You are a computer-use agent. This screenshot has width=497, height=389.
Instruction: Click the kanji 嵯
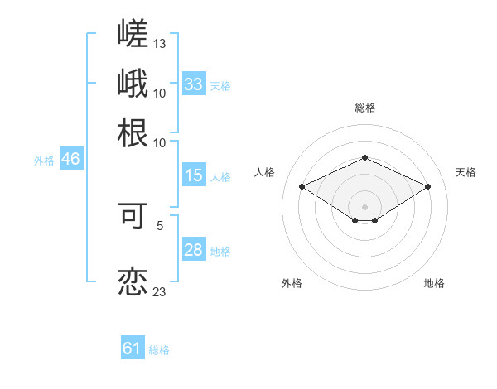[x=133, y=33]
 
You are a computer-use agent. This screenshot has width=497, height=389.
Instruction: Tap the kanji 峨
[x=133, y=83]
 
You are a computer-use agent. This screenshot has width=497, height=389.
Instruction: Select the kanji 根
[x=133, y=132]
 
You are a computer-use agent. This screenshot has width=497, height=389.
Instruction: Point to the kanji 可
[x=133, y=216]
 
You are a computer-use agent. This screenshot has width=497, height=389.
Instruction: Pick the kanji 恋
[x=133, y=281]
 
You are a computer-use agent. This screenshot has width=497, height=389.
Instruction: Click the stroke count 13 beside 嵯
[x=159, y=44]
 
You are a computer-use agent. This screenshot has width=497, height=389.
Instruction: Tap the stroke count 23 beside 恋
[x=159, y=291]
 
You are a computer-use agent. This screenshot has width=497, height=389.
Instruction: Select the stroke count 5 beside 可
[x=160, y=226]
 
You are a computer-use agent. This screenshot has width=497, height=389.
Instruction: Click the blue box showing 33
[x=194, y=84]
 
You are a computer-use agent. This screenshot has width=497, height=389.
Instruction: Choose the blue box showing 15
[x=194, y=175]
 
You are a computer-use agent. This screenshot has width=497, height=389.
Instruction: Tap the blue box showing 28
[x=194, y=248]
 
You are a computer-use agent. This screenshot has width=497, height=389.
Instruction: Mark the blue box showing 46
[x=71, y=158]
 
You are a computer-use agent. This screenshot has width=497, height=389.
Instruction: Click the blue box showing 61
[x=133, y=347]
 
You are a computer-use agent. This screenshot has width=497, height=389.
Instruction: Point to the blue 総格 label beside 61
[x=159, y=350]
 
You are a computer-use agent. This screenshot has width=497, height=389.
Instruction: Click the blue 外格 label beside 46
[x=44, y=161]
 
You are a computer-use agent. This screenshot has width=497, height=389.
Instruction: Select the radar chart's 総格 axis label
[x=365, y=108]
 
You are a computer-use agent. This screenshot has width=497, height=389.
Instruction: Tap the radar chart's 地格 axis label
[x=434, y=283]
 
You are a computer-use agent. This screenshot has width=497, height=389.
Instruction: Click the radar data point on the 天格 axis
[x=428, y=186]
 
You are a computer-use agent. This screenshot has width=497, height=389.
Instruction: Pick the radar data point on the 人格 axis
[x=302, y=186]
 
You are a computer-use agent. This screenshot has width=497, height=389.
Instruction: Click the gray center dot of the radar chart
[x=364, y=207]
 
